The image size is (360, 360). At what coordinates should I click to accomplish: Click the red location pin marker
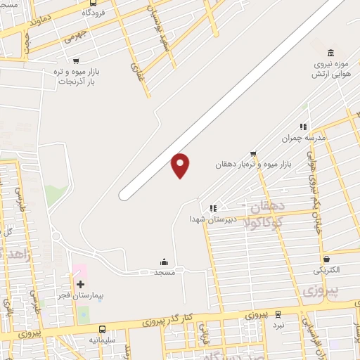coord(181,165)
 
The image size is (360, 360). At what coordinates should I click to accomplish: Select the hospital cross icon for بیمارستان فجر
coord(80,284)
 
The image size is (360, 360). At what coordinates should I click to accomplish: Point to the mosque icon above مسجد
coord(165,262)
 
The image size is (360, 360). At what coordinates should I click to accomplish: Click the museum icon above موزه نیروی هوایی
coord(330,53)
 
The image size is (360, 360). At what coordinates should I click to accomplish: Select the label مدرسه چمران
coord(303,139)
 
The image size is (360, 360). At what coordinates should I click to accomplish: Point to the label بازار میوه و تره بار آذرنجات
coord(76,77)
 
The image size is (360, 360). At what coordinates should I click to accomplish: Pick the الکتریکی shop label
coord(326,270)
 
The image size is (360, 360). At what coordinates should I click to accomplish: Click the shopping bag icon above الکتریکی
coord(326,259)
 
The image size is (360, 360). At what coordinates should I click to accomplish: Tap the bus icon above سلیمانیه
coord(103,329)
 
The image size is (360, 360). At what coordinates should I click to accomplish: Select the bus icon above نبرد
coord(278,315)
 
